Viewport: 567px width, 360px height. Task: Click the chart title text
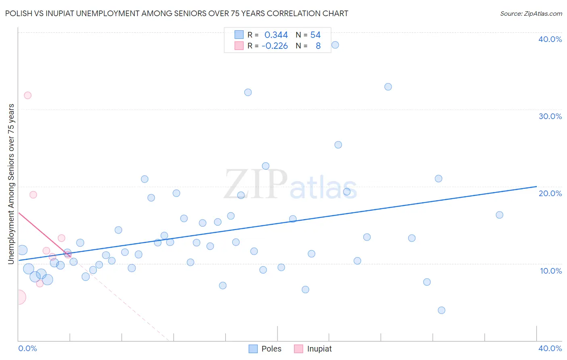point(177,13)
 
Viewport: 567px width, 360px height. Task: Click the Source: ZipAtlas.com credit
point(531,13)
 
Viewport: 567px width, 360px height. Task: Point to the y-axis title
point(11,184)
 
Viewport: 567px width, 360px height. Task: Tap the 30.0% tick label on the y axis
point(550,116)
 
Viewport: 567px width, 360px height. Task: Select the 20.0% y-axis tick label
point(550,193)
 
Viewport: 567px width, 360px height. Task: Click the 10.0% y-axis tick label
point(550,271)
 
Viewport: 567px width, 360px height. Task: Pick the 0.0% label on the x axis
point(27,348)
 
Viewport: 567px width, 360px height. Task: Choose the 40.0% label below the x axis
point(550,348)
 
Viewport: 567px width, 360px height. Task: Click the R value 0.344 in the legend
point(276,35)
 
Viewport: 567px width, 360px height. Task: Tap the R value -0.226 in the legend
point(275,46)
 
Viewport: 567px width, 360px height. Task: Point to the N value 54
point(315,35)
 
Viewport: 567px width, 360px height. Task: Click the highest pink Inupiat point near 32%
point(27,95)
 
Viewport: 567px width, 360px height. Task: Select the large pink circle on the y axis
point(18,297)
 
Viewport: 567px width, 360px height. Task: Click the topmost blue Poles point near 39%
point(335,45)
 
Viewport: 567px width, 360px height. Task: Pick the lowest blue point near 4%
point(442,310)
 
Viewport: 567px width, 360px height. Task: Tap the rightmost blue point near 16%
point(500,215)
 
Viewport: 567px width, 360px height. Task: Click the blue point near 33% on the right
point(388,87)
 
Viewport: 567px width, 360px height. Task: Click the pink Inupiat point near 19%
point(33,195)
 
